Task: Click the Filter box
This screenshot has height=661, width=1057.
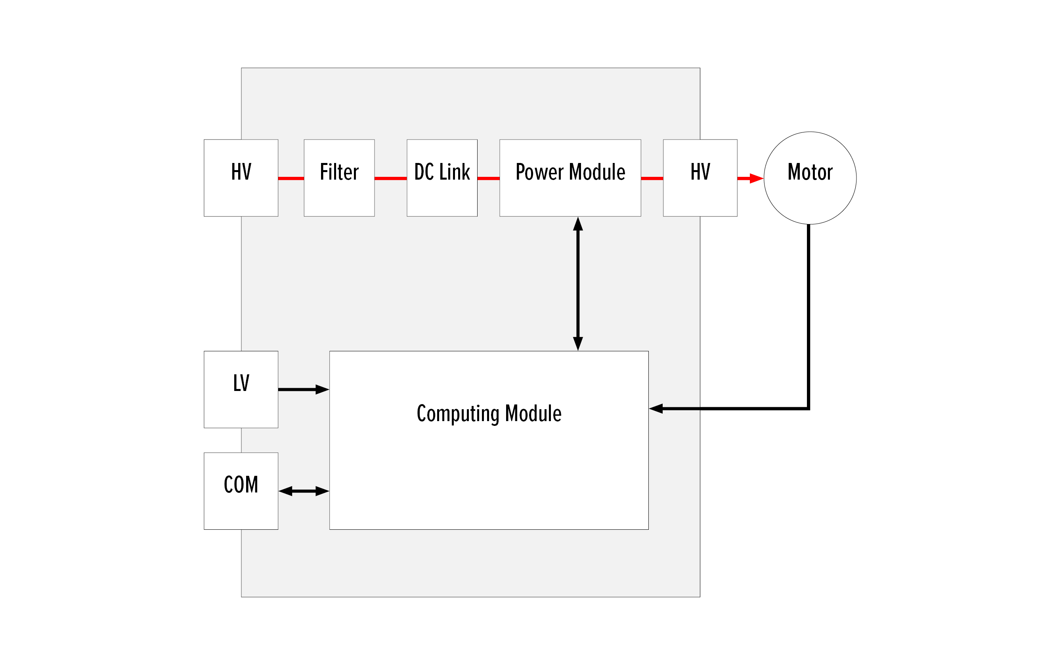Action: pyautogui.click(x=339, y=178)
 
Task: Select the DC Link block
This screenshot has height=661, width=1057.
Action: pyautogui.click(x=442, y=178)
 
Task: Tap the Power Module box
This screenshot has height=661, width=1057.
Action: pyautogui.click(x=570, y=178)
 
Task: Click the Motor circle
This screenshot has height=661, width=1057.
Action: pyautogui.click(x=810, y=178)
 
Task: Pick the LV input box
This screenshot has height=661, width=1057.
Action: pyautogui.click(x=241, y=389)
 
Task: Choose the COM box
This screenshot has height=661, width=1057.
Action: pyautogui.click(x=241, y=491)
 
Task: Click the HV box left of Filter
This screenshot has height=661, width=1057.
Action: pyautogui.click(x=241, y=178)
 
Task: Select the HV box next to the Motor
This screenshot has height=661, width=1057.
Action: pyautogui.click(x=700, y=178)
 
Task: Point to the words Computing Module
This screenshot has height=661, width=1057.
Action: pyautogui.click(x=489, y=413)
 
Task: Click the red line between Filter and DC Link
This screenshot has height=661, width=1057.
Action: pyautogui.click(x=390, y=178)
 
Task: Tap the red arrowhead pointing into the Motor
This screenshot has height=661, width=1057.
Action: pyautogui.click(x=756, y=178)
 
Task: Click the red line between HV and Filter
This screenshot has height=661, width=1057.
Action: pyautogui.click(x=291, y=178)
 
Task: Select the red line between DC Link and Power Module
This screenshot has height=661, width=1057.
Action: pyautogui.click(x=488, y=178)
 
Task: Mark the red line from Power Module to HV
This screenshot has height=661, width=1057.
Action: pyautogui.click(x=652, y=178)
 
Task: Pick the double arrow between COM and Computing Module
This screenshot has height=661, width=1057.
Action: pyautogui.click(x=304, y=491)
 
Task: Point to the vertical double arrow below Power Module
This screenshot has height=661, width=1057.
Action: pyautogui.click(x=578, y=283)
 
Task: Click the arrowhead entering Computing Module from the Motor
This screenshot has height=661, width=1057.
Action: pyautogui.click(x=656, y=409)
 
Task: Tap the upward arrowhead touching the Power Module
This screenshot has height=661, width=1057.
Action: pyautogui.click(x=578, y=224)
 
